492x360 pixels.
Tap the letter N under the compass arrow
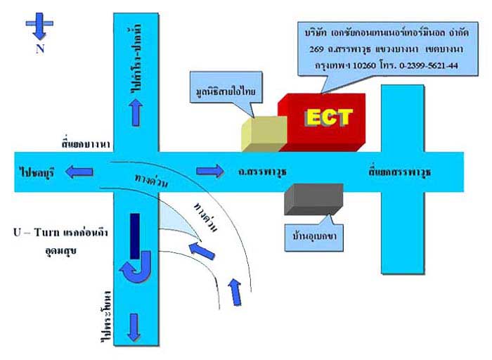pyautogui.click(x=39, y=49)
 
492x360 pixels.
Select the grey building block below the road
pyautogui.click(x=313, y=199)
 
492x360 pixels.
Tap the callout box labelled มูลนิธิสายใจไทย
pyautogui.click(x=225, y=92)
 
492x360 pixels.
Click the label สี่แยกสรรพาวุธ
pyautogui.click(x=400, y=171)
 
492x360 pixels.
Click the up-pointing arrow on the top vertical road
pyautogui.click(x=136, y=108)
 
